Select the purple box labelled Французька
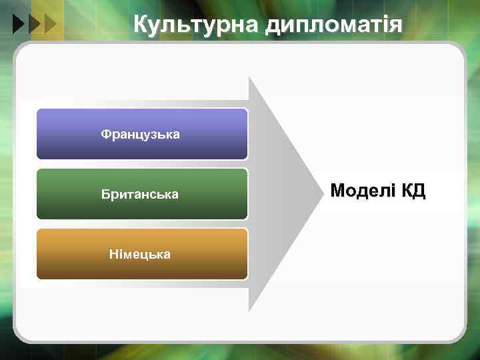[x=142, y=134]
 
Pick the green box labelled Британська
[x=142, y=194]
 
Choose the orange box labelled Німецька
[x=142, y=254]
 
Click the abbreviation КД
[x=413, y=191]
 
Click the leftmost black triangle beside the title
[x=19, y=25]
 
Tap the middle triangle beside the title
[x=34, y=25]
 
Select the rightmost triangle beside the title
[x=49, y=25]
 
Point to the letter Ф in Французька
[x=105, y=134]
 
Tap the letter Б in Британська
[x=105, y=194]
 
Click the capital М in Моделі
[x=338, y=191]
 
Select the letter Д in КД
[x=419, y=191]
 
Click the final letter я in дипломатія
[x=397, y=25]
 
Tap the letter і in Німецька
[x=119, y=254]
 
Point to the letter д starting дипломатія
[x=273, y=25]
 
